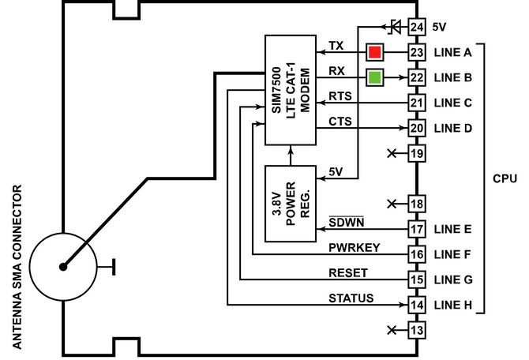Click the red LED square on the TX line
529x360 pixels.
(374, 53)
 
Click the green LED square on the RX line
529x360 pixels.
(374, 78)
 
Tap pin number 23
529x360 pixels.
(417, 53)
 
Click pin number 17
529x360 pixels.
(417, 230)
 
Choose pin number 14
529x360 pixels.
(417, 305)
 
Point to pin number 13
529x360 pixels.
(417, 330)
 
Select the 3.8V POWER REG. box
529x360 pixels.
(290, 204)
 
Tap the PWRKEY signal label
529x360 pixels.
(355, 247)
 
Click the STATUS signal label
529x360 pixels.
(351, 298)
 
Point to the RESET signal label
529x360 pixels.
(349, 272)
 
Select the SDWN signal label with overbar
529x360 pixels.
(344, 222)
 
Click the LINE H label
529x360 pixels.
(452, 305)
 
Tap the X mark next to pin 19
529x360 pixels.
(393, 154)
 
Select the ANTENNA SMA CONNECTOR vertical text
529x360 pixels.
(16, 266)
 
